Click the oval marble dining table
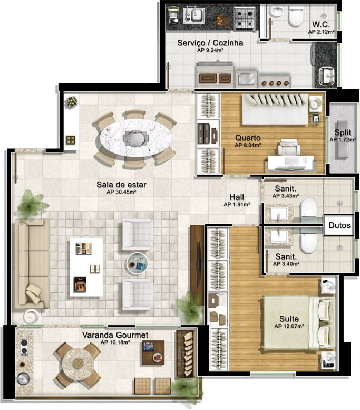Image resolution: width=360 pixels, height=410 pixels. click(135, 138)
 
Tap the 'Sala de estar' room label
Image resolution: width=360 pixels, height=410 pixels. click(121, 185)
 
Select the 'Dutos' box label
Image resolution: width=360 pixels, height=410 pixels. click(339, 225)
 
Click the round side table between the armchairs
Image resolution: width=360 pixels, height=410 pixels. click(137, 264)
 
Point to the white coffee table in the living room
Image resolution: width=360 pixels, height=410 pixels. click(86, 267)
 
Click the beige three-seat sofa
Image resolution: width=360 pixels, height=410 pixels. click(32, 264)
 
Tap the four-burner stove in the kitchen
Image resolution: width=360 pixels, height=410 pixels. click(244, 18)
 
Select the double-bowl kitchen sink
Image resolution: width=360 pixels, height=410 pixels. click(194, 15)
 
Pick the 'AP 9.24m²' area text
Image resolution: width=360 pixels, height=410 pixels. click(210, 50)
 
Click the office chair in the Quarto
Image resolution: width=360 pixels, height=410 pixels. click(289, 147)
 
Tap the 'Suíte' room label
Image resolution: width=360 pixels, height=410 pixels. click(289, 319)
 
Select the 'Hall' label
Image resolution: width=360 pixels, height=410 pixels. click(237, 197)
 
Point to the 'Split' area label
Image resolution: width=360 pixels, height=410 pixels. click(343, 132)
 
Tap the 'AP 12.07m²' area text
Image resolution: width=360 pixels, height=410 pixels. click(289, 326)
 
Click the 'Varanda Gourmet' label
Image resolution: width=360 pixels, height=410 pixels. click(115, 335)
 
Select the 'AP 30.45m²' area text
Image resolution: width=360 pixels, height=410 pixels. click(121, 192)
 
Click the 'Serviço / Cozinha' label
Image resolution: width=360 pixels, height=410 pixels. click(210, 43)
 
